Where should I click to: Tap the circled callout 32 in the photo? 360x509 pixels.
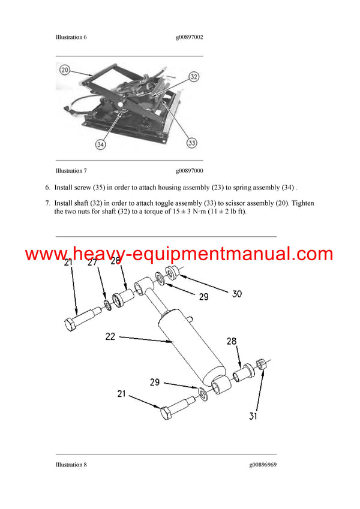point(194,76)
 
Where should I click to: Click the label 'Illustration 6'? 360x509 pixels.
point(71,37)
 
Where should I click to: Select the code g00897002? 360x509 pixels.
point(190,37)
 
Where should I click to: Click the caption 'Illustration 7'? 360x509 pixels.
point(71,171)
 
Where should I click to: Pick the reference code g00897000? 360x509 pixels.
point(190,171)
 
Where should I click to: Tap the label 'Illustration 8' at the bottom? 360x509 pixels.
point(71,465)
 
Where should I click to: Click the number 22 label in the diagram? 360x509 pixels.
point(109,337)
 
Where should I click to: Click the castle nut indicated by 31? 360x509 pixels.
point(261,364)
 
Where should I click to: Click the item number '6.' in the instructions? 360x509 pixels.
point(48,188)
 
